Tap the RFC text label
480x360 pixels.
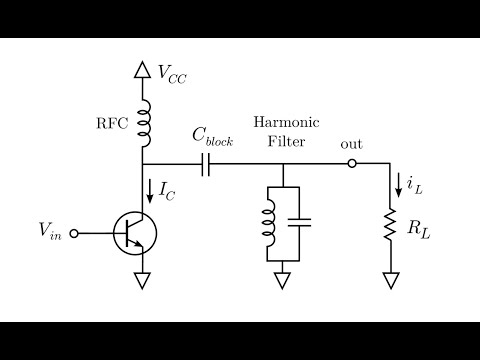click(111, 123)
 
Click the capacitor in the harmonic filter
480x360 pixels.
click(304, 221)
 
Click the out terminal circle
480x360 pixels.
click(351, 164)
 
